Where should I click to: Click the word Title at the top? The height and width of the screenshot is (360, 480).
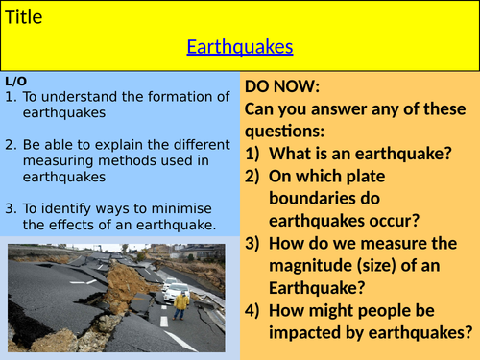point(24,16)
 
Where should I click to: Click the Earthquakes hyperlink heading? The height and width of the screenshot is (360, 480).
point(239,46)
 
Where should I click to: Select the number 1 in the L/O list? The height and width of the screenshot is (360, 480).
point(10,97)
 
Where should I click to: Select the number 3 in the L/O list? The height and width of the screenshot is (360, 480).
point(10,208)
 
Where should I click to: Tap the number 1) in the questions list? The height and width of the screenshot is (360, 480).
point(255,152)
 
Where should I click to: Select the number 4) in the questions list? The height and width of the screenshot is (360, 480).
point(255,310)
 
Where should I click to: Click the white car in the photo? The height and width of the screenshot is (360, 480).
point(175,288)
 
